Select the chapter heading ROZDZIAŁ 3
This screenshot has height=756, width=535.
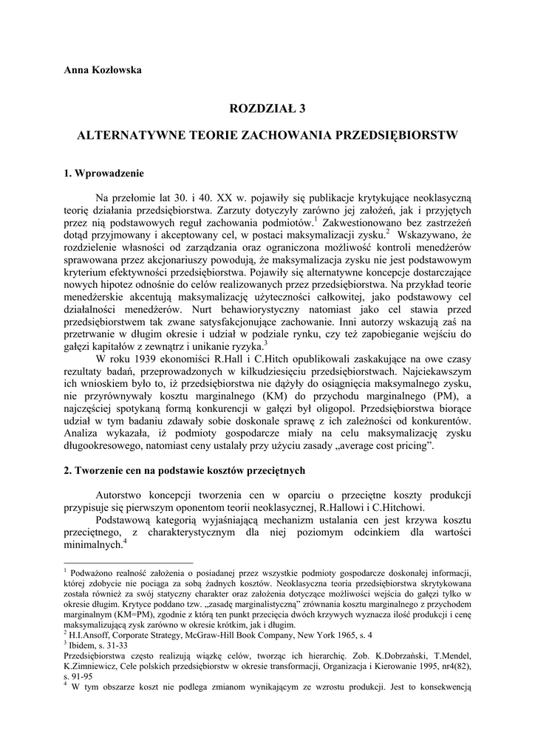pyautogui.click(x=267, y=109)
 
